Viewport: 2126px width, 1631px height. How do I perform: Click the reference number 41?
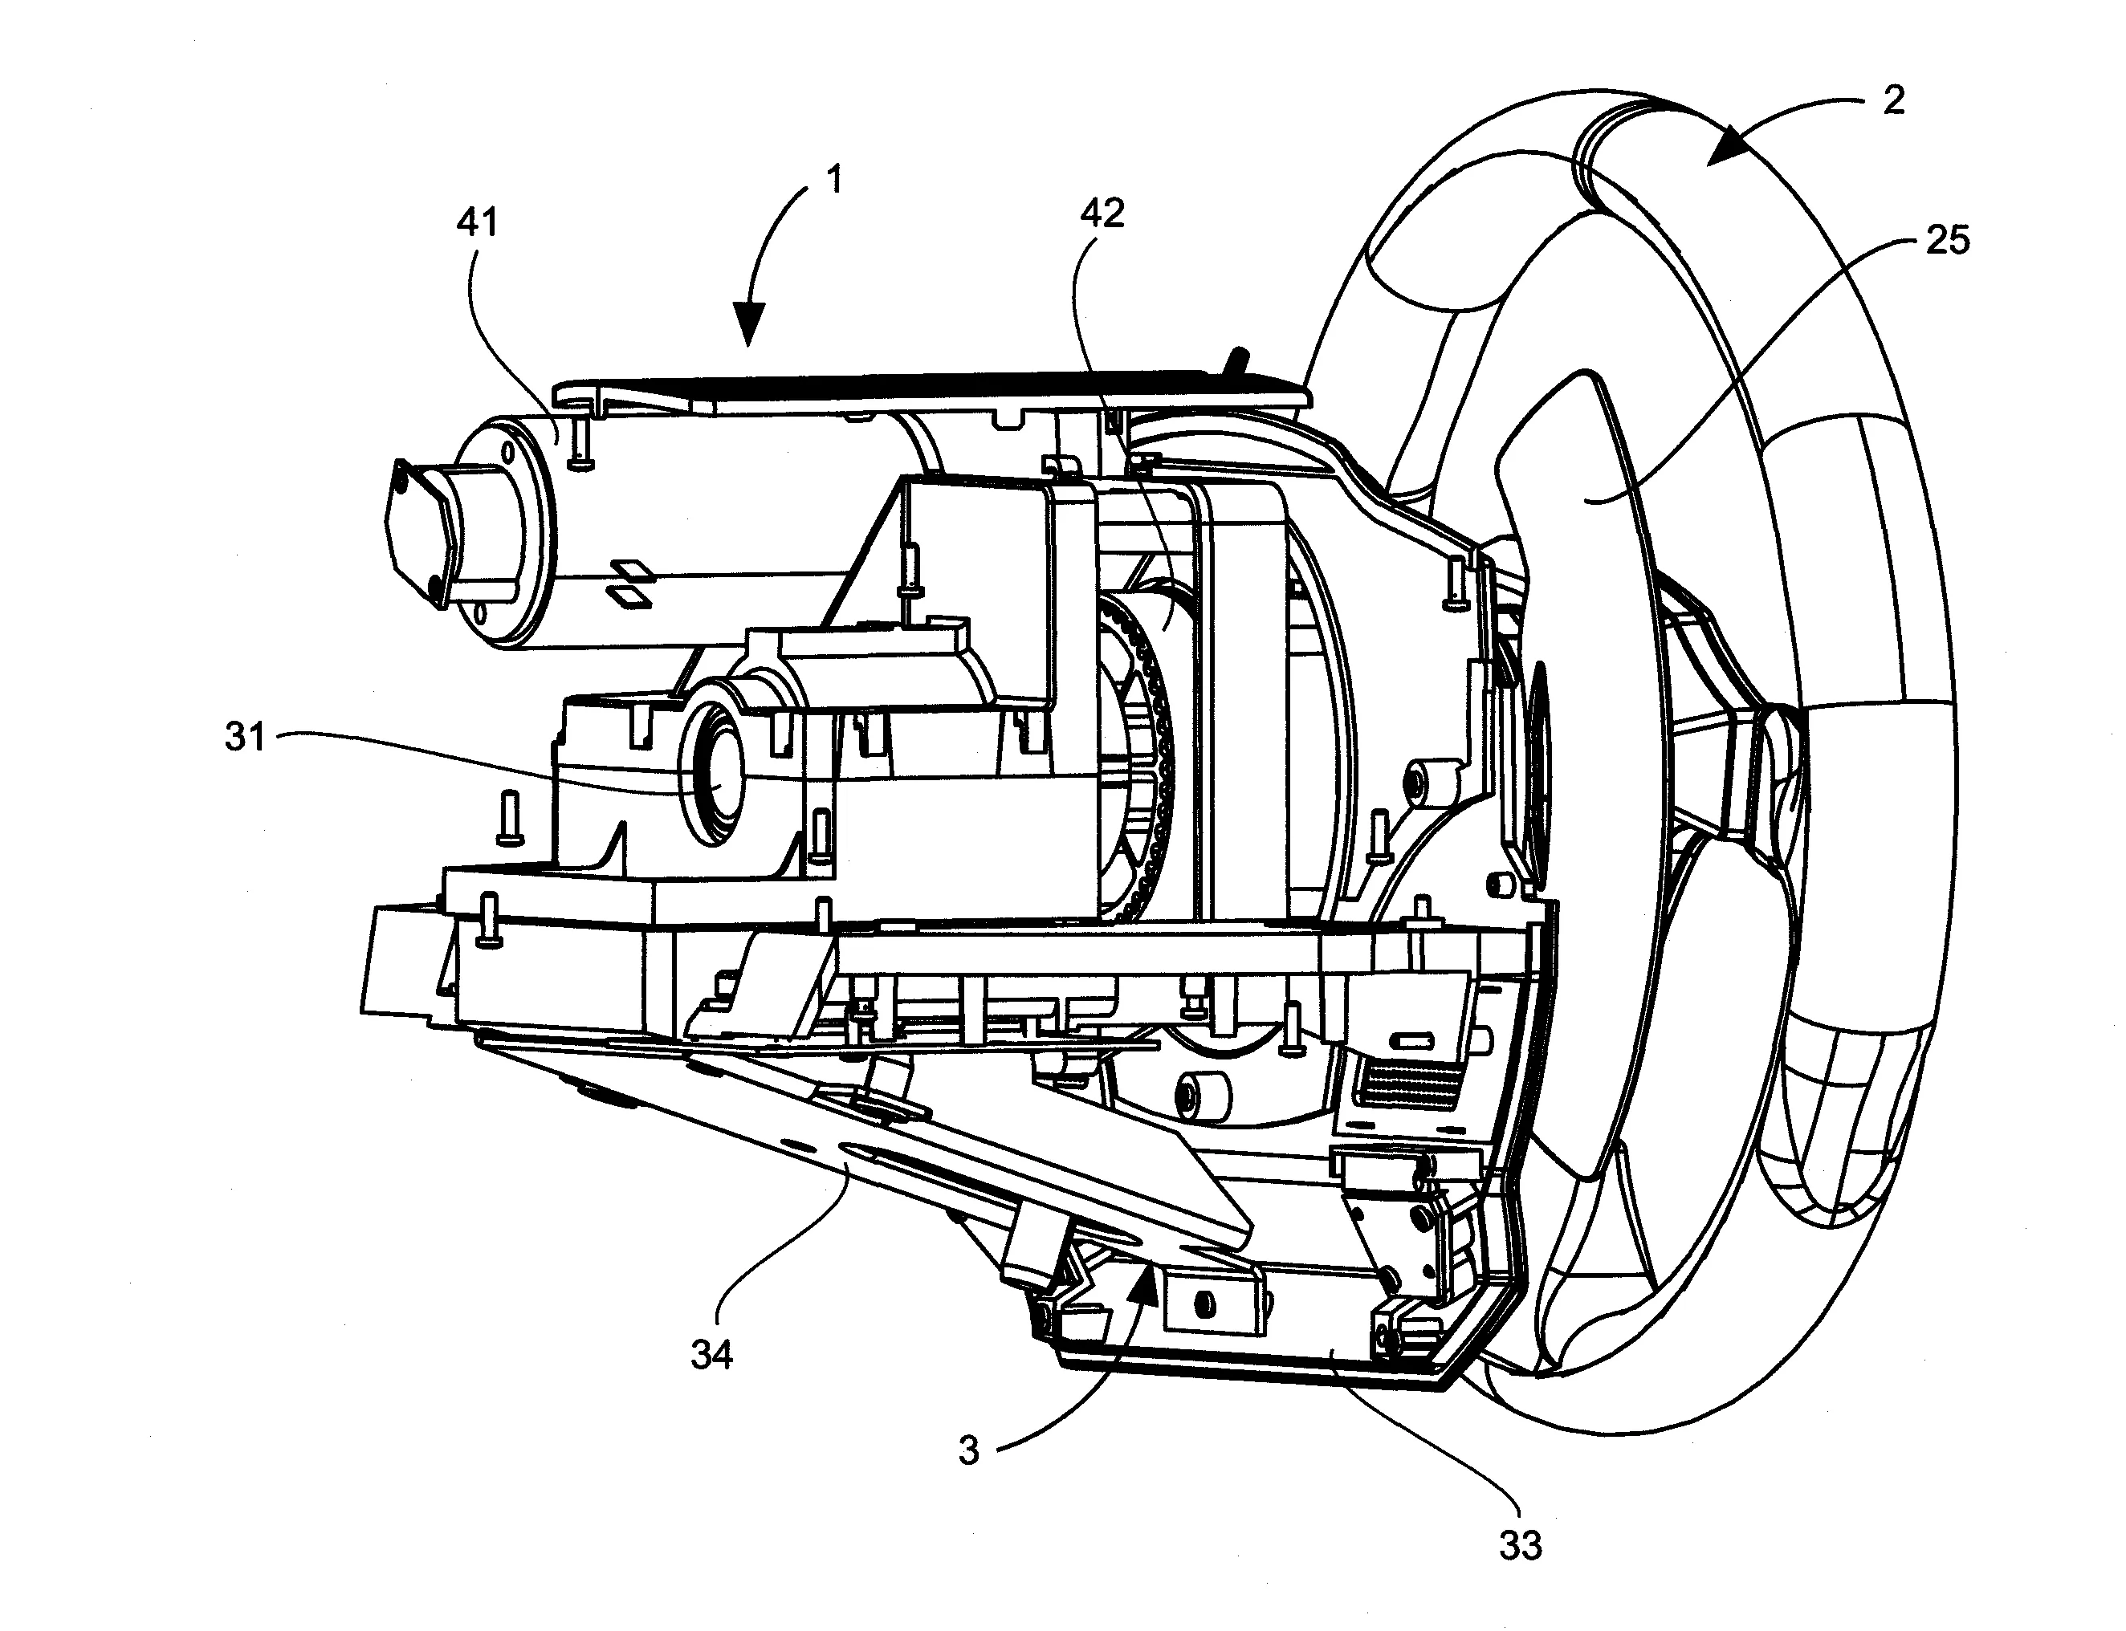477,222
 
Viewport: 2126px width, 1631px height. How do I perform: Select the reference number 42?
1102,213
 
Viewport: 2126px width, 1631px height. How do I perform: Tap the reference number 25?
1947,240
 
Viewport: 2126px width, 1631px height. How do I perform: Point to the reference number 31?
244,738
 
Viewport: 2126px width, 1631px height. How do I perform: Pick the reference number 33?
1520,1544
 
